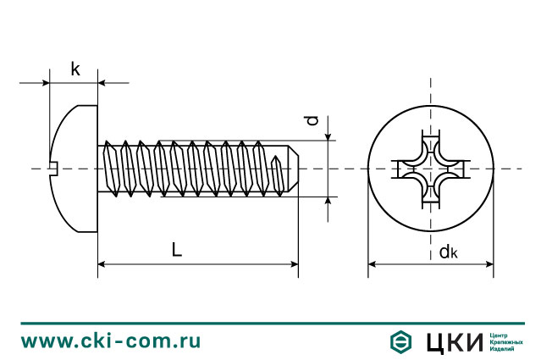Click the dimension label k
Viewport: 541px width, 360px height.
(x=75, y=69)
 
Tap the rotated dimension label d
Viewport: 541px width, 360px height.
(x=313, y=121)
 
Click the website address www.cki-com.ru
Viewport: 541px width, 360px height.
(x=111, y=341)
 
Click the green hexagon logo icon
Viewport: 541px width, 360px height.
(x=400, y=341)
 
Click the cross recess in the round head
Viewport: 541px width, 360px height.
(x=430, y=169)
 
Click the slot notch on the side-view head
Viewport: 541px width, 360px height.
(x=52, y=169)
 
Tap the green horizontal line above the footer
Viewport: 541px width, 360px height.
(x=270, y=323)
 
